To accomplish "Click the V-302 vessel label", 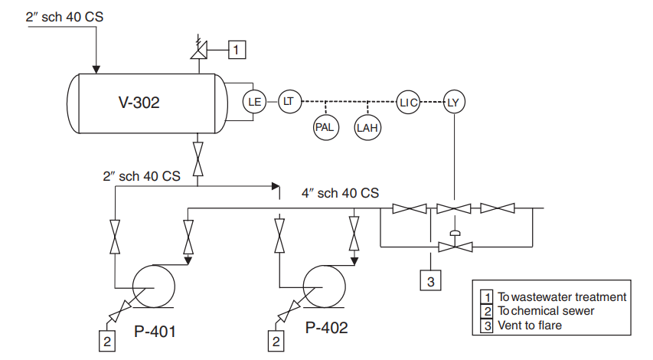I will point(139,103).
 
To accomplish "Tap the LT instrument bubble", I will point(289,100).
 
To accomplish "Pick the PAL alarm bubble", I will point(325,127).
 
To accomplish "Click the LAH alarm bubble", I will point(367,127).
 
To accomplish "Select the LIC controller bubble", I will point(408,100).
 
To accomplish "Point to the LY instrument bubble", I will point(455,100).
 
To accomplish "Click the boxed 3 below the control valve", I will point(430,281).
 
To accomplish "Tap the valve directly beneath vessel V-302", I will point(198,159).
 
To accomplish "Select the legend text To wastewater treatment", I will point(562,296).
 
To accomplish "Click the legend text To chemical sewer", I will point(545,311).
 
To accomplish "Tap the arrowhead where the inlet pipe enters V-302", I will point(96,68).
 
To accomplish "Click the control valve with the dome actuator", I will point(454,246).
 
